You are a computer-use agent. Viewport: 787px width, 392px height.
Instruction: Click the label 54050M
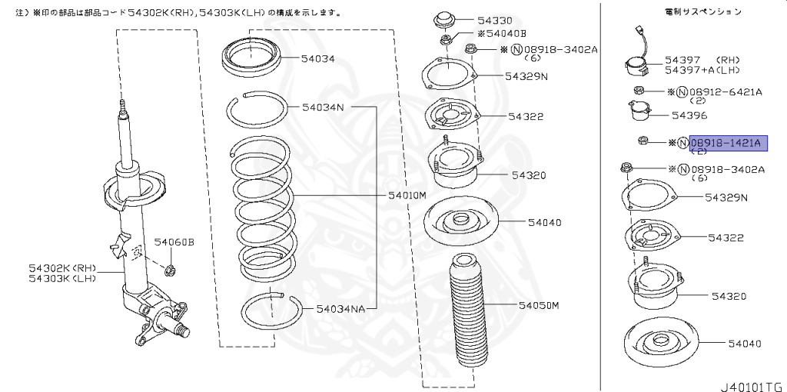click(538, 305)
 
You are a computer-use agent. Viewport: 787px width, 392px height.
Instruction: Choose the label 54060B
click(174, 242)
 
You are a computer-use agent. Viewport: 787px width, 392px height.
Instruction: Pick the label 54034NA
click(340, 309)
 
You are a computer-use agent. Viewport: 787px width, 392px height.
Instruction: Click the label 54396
click(689, 115)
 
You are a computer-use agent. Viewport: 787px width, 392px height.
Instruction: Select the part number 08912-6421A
click(726, 92)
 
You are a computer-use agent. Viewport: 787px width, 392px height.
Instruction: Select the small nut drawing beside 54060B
click(172, 270)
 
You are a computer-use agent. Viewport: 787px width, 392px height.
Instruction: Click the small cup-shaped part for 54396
click(639, 114)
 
